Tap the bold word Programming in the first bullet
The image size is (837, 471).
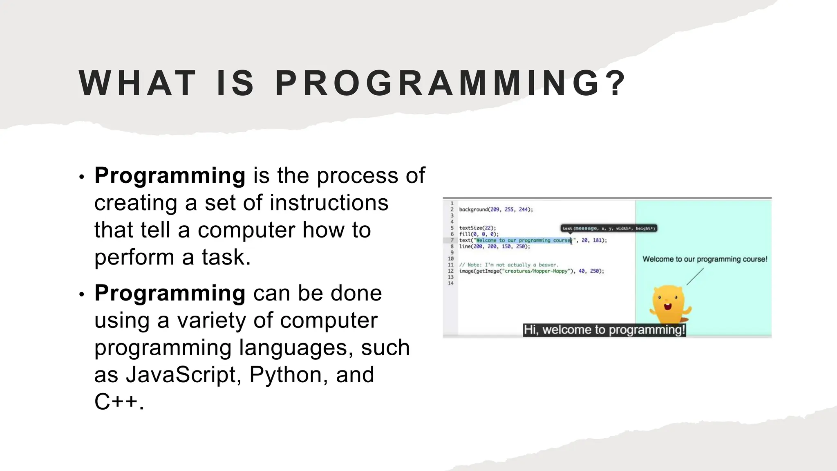(x=170, y=176)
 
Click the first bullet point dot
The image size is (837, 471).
(x=82, y=177)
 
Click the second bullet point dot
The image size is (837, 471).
(x=82, y=294)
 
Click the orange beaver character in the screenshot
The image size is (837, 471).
(x=669, y=304)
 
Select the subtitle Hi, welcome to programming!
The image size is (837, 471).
(x=604, y=330)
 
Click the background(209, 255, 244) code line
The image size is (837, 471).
(x=496, y=210)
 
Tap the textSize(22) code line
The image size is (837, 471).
(x=477, y=228)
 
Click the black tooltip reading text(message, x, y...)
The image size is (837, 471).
(x=609, y=229)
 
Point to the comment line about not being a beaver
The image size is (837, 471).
(x=508, y=265)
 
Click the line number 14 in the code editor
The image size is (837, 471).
(x=450, y=283)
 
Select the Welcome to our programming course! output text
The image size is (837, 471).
(x=705, y=259)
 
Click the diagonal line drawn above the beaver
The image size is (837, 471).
(x=695, y=277)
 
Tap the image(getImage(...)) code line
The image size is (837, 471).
(x=531, y=271)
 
